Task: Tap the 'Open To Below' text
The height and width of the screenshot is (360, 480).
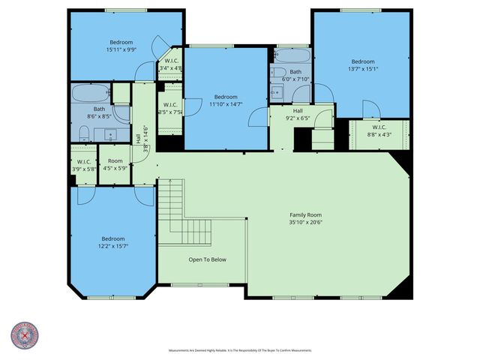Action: pyautogui.click(x=207, y=259)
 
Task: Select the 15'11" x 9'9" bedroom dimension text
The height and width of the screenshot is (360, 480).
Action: pyautogui.click(x=121, y=49)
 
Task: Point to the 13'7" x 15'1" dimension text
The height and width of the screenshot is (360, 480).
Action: pyautogui.click(x=363, y=69)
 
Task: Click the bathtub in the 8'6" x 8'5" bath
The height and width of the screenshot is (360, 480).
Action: pyautogui.click(x=89, y=96)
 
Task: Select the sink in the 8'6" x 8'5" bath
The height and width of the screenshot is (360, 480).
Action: pyautogui.click(x=113, y=135)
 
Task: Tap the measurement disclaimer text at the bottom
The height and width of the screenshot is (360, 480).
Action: pyautogui.click(x=240, y=350)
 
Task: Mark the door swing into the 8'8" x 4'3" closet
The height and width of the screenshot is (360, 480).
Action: pyautogui.click(x=370, y=110)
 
